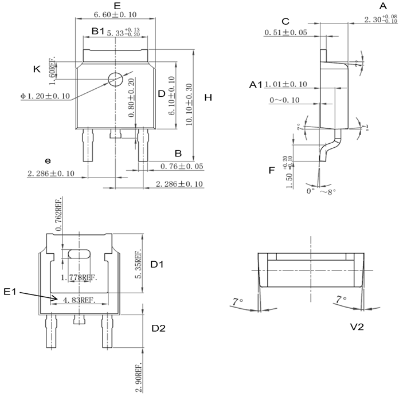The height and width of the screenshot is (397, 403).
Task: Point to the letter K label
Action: tap(37, 69)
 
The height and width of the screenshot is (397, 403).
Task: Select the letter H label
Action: tap(208, 98)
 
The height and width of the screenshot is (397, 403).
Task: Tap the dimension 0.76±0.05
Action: tap(183, 167)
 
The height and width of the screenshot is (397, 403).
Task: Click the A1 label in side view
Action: tap(256, 85)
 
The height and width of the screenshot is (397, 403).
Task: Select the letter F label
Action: tap(271, 170)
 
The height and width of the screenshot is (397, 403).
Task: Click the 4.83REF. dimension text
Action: tap(79, 298)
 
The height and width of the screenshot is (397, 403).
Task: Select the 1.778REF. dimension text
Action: tap(79, 277)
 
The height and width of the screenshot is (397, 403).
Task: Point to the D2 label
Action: tap(158, 329)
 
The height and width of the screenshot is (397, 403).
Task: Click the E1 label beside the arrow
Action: tap(11, 292)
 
